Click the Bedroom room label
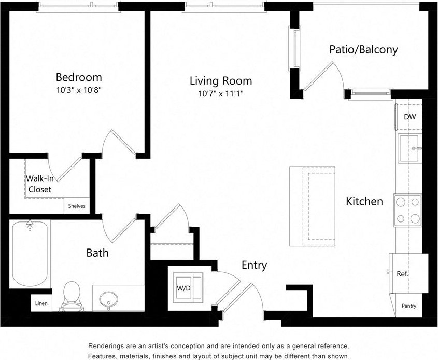tap(79, 77)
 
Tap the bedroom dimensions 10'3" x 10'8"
tap(79, 89)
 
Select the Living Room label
tap(221, 81)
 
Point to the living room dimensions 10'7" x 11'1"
tap(221, 94)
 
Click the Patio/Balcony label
tap(364, 50)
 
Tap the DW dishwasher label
tap(409, 117)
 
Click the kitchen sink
tap(409, 148)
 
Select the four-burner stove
tap(407, 210)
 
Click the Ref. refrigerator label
tap(403, 274)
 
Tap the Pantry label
tap(409, 306)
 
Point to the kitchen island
tap(312, 207)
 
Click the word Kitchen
tap(364, 201)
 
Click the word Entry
tap(255, 266)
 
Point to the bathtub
tap(30, 254)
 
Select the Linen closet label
tap(41, 303)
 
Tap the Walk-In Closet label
tap(39, 184)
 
